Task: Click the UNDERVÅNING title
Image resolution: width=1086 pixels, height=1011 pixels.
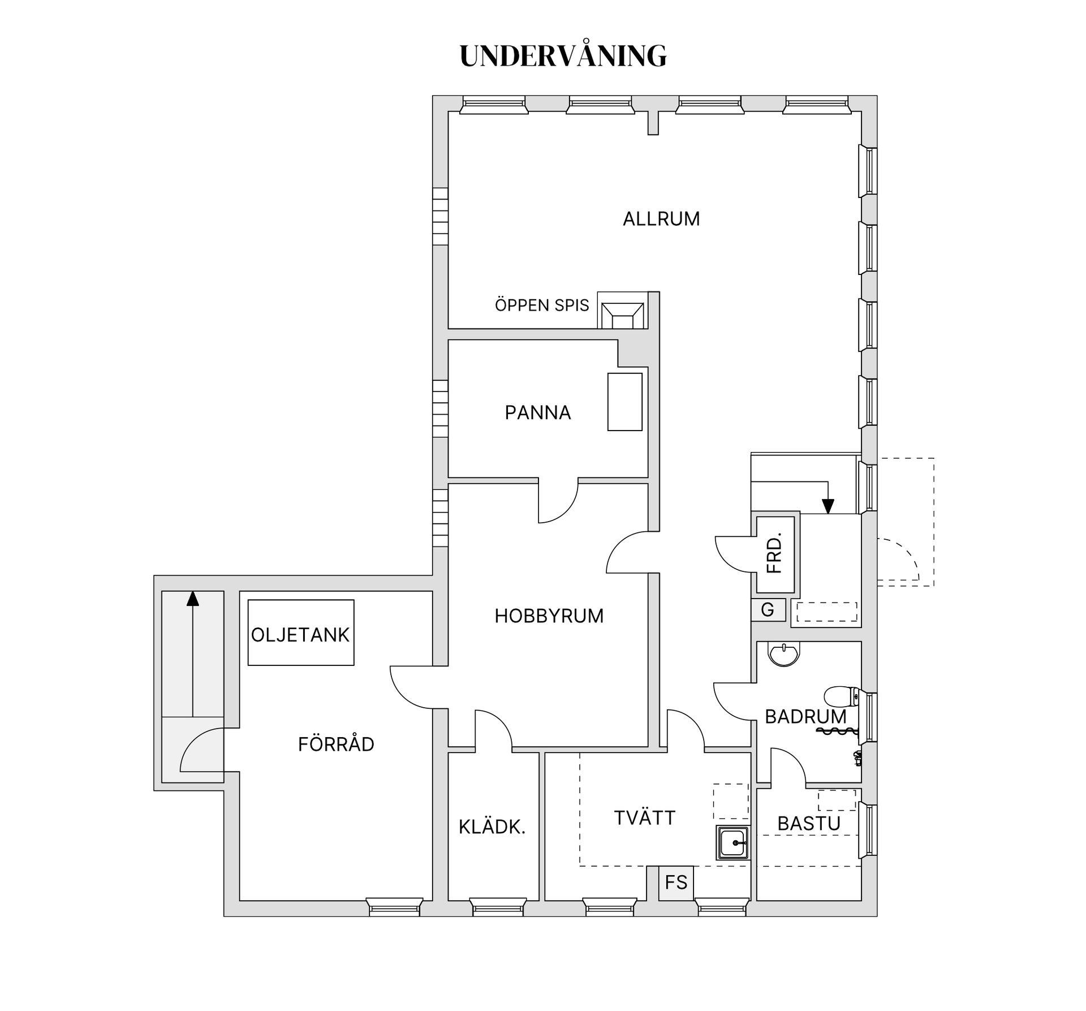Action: coord(563,56)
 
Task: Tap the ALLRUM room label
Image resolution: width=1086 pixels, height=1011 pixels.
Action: coord(661,219)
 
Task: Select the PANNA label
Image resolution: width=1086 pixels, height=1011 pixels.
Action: coord(537,413)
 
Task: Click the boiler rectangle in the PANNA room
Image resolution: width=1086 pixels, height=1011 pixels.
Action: coord(624,402)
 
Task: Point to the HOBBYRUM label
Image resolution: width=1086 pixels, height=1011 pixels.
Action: coord(549,616)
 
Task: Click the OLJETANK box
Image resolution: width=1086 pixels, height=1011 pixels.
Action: coord(300,633)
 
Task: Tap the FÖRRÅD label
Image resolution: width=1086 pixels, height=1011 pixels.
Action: coord(336,745)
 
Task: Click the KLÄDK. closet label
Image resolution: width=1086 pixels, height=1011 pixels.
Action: coord(492,827)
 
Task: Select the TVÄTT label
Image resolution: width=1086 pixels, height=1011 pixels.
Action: coord(645,818)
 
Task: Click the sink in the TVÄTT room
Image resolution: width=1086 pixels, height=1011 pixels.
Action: coord(733,843)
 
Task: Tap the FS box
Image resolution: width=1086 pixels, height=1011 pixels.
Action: coord(676,883)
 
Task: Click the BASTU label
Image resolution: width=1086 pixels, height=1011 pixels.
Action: coord(809,824)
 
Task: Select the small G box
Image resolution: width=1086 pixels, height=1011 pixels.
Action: coord(768,610)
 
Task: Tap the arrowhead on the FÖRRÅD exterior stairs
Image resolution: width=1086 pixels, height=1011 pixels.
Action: coord(193,598)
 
